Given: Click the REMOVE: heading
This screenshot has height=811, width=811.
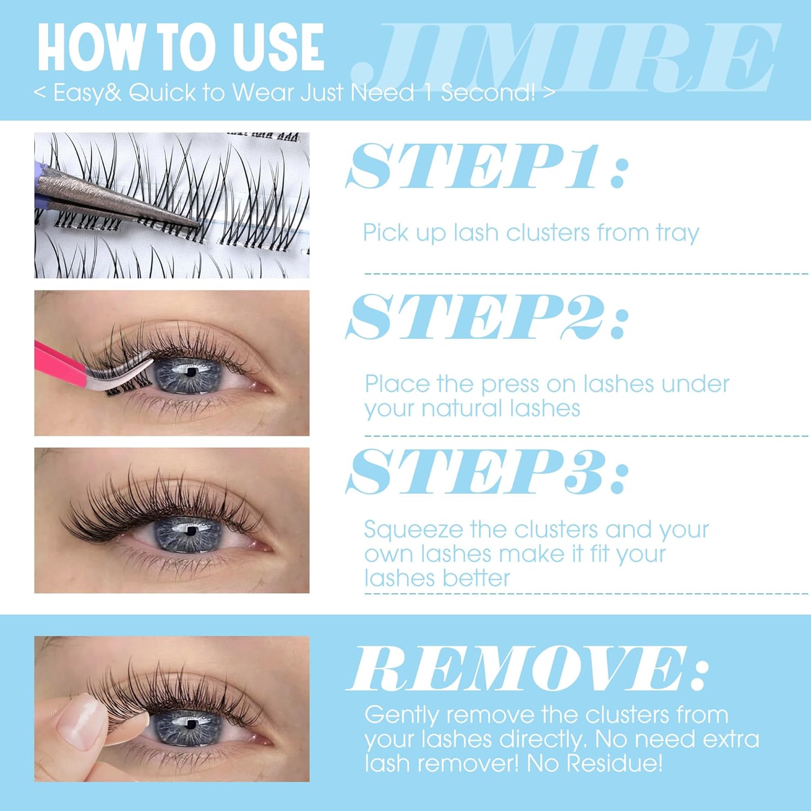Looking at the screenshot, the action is [528, 668].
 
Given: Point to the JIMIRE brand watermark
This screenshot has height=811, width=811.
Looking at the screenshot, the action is [566, 57].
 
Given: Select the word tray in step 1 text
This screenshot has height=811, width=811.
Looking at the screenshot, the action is [677, 234].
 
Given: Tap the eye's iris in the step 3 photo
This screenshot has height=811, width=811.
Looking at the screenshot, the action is [189, 533].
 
